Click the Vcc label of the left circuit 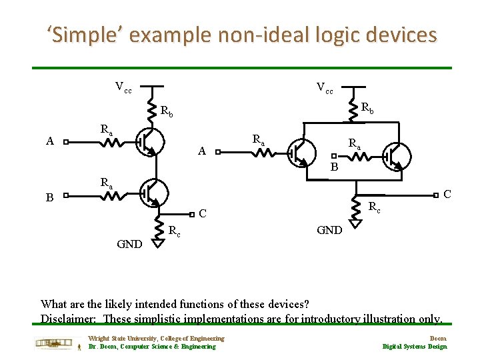tap(123, 87)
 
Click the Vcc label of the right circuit tap(325, 87)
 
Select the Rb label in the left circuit tap(167, 111)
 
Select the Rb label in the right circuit tap(367, 107)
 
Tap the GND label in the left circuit tap(129, 244)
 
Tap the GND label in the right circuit tap(329, 230)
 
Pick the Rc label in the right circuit tap(375, 207)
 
